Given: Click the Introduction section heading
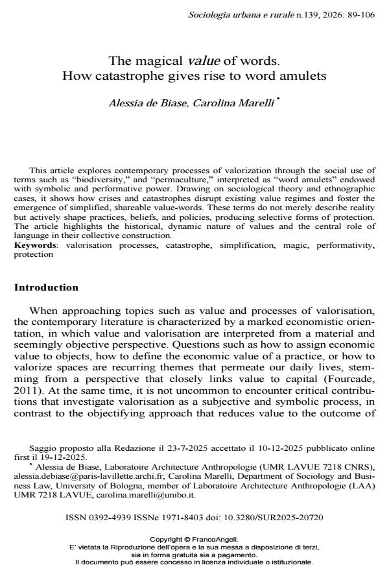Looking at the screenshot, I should [x=46, y=287].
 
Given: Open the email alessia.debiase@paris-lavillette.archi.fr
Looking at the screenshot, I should [x=79, y=474].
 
